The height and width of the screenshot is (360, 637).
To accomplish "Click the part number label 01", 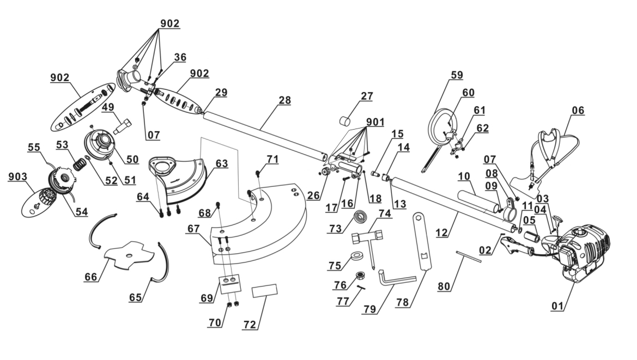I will click(557, 306).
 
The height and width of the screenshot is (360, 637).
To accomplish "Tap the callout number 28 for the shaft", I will click(284, 101).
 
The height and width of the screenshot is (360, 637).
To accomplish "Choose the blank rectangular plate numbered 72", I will click(265, 290).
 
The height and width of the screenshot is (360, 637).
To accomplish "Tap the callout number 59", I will click(456, 75).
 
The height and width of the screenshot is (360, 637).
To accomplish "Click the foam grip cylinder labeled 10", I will click(477, 199).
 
